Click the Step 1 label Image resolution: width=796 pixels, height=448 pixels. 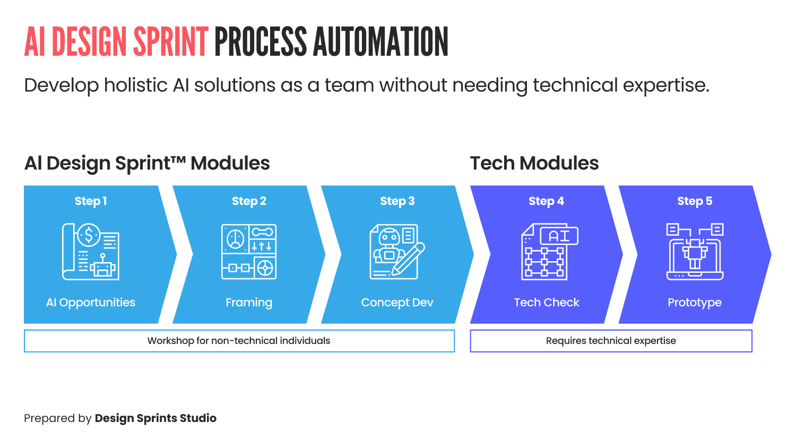tap(91, 201)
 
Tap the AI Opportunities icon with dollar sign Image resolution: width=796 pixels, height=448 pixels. tap(91, 252)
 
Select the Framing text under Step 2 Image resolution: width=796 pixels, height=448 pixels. tap(249, 303)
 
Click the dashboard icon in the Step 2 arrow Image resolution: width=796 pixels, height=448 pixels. tap(249, 252)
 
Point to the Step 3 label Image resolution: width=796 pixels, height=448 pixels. tap(397, 201)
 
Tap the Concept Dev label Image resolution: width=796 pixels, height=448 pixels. tap(397, 303)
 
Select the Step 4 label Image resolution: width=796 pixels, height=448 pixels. tap(546, 201)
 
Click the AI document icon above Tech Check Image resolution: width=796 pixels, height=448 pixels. tap(549, 252)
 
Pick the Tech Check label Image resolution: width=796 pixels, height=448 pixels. tap(547, 303)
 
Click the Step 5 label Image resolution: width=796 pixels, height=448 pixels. tap(695, 201)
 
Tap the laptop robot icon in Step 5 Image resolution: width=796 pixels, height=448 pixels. tap(695, 252)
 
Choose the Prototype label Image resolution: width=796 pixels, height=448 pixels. tap(695, 303)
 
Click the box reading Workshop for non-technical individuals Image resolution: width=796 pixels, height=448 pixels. tap(239, 341)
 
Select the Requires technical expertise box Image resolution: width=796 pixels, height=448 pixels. tap(611, 341)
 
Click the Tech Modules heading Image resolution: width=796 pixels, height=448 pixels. tap(534, 163)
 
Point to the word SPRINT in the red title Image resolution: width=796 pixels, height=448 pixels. tap(170, 42)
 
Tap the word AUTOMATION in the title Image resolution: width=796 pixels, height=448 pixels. tap(380, 42)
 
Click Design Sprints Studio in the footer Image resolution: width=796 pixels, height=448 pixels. tap(155, 418)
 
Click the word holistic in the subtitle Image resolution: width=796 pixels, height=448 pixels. tap(135, 85)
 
